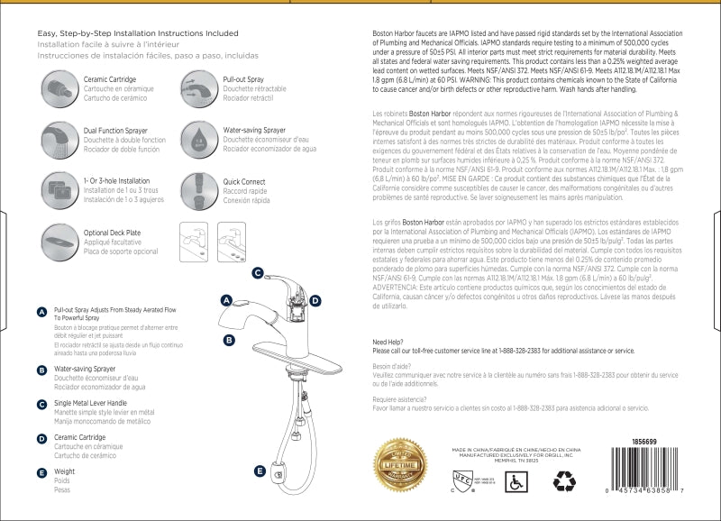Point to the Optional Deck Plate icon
click(59, 240)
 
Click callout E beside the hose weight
click(260, 471)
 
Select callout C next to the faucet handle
click(257, 272)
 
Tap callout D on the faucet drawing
click(315, 300)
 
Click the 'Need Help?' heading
click(388, 342)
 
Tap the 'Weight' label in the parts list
click(64, 471)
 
